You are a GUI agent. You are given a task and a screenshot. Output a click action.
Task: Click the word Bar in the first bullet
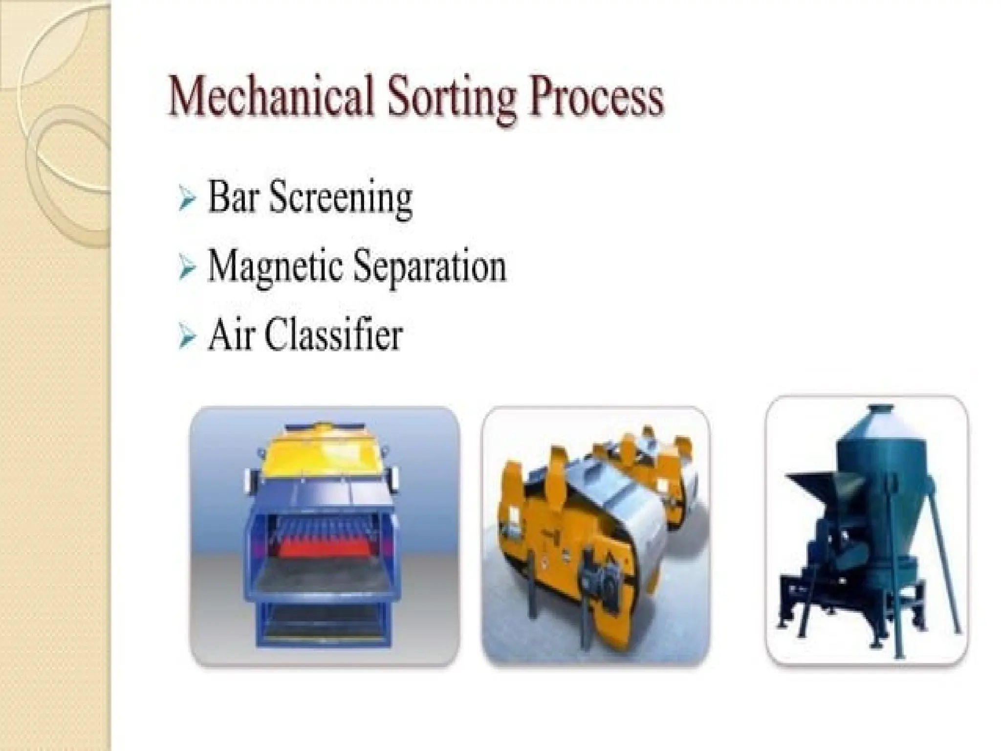click(232, 198)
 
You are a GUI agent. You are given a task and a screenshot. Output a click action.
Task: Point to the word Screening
click(341, 199)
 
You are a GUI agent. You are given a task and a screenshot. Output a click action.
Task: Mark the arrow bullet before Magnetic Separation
click(187, 268)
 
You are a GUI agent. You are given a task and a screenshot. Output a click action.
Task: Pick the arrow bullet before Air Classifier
click(187, 337)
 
